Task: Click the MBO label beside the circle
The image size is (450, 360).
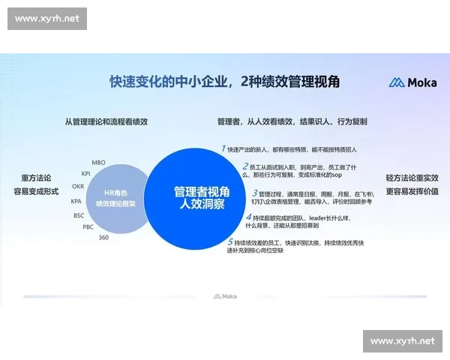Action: (x=98, y=162)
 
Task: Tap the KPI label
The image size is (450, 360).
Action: (x=86, y=173)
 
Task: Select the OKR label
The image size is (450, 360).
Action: (x=78, y=186)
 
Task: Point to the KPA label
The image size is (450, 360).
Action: (x=76, y=201)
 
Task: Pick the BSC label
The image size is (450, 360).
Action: (x=79, y=215)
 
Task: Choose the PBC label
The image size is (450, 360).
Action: (x=88, y=226)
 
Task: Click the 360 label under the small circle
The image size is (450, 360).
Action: (x=103, y=237)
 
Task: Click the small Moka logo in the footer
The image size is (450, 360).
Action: (x=224, y=296)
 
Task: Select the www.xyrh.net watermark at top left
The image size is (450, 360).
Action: (x=47, y=18)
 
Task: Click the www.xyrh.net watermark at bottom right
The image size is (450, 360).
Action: (x=402, y=341)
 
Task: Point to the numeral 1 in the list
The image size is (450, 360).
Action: (x=223, y=148)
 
